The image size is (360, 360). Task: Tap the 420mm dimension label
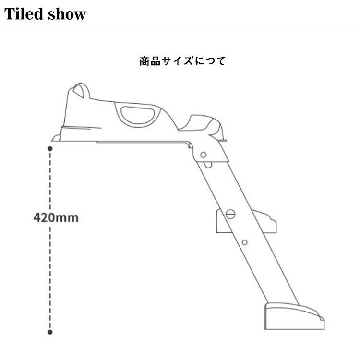tap(56, 217)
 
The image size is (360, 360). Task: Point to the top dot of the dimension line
tap(50, 149)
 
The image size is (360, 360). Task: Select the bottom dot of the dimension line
tap(50, 331)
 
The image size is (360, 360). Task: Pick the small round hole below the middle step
tap(244, 242)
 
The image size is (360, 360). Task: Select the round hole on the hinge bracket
tap(204, 155)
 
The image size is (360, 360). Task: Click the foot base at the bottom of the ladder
tap(293, 316)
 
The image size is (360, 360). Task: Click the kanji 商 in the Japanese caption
tap(144, 61)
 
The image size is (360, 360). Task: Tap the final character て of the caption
tap(221, 61)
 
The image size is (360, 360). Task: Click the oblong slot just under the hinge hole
tap(208, 165)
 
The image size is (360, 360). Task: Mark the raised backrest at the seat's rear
tap(206, 123)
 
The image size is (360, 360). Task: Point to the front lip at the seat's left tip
tap(56, 138)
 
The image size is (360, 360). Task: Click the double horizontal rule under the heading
tap(180, 24)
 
